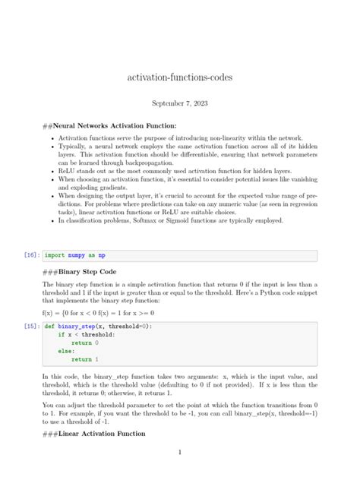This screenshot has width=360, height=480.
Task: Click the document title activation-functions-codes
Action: coord(179,78)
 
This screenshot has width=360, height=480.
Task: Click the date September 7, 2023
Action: coord(179,103)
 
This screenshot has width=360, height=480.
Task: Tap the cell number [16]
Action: coord(31,256)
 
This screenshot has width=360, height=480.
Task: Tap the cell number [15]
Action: coord(31,325)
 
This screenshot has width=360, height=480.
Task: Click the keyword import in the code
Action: coord(54,256)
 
